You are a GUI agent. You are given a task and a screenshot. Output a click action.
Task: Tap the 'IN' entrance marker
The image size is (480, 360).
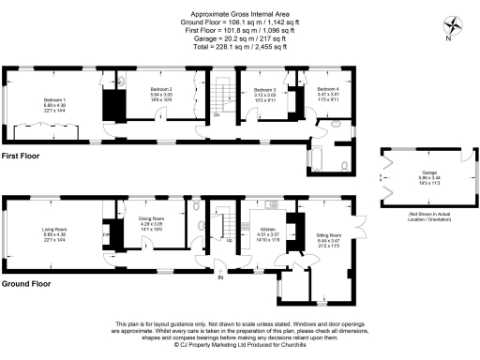[x=221, y=277]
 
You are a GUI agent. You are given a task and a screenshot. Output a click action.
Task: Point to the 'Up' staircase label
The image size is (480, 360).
[x=229, y=239]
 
